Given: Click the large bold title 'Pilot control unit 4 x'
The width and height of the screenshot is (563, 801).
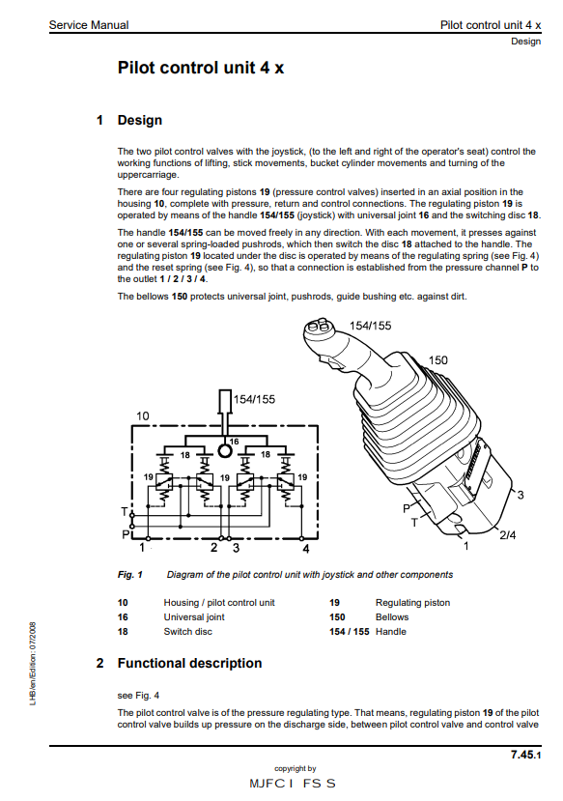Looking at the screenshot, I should click(x=200, y=68).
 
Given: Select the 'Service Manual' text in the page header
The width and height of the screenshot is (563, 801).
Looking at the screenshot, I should click(x=89, y=24).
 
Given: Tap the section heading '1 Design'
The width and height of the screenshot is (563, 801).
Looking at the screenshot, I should click(x=129, y=121).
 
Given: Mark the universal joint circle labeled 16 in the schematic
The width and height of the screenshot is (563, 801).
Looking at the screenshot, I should click(x=224, y=450).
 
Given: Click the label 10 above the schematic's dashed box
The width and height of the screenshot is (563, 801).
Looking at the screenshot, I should click(x=142, y=415).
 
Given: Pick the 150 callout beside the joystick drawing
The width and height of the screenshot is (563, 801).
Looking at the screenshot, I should click(x=437, y=360).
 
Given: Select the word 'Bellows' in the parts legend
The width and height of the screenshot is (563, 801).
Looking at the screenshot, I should click(x=391, y=616).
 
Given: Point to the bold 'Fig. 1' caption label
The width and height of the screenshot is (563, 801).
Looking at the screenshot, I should click(x=130, y=575).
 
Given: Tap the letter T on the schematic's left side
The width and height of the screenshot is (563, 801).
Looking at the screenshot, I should click(x=123, y=510).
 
